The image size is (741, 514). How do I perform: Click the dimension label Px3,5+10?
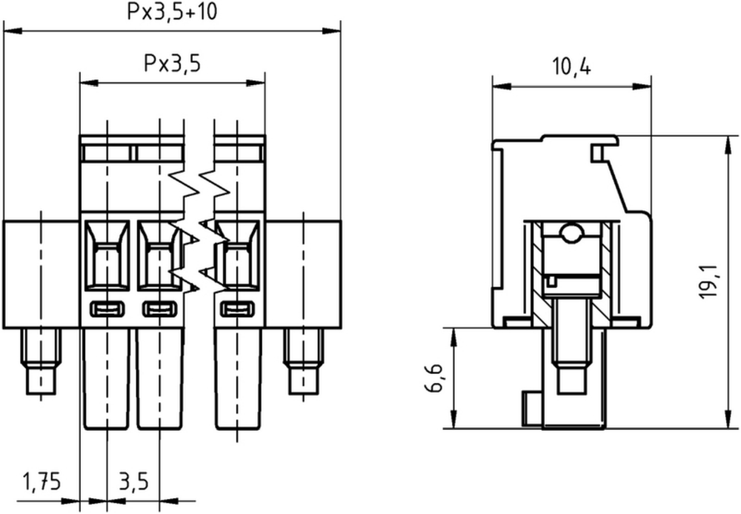[x=172, y=12]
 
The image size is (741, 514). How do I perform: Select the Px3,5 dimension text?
[x=172, y=63]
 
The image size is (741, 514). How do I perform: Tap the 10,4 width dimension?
[x=571, y=67]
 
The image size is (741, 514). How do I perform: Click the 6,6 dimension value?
[x=433, y=378]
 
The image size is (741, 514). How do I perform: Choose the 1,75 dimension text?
[x=42, y=481]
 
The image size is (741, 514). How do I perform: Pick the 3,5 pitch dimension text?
[x=133, y=481]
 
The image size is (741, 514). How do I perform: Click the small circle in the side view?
[x=571, y=233]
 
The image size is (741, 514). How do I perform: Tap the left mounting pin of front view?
[x=41, y=361]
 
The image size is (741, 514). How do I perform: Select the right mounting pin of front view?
[x=303, y=361]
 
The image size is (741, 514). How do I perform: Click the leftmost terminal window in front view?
[x=107, y=256]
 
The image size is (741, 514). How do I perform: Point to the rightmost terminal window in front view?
[x=237, y=256]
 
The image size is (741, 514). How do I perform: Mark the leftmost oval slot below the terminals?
[x=107, y=310]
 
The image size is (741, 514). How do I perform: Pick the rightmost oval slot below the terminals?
[x=237, y=310]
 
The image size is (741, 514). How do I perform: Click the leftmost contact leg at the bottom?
[x=107, y=379]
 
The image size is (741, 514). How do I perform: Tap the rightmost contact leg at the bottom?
[x=238, y=379]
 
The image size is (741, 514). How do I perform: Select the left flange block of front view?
[x=41, y=274]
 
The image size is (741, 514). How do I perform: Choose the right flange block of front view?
[x=303, y=274]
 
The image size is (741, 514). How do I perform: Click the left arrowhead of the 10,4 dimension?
[x=502, y=87]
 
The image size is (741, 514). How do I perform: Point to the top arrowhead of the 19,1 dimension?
[x=728, y=145]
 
